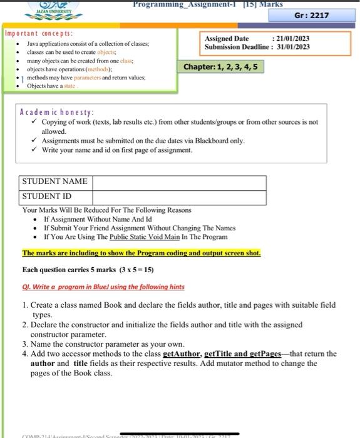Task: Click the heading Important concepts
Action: (x=38, y=33)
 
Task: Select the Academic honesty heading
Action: (x=56, y=112)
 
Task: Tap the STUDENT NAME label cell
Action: (x=54, y=181)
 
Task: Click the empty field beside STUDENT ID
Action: (x=179, y=196)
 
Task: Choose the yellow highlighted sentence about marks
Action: (x=141, y=253)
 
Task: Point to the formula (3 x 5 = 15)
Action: (x=136, y=270)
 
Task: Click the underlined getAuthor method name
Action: (x=185, y=354)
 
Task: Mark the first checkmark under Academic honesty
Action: (x=35, y=122)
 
